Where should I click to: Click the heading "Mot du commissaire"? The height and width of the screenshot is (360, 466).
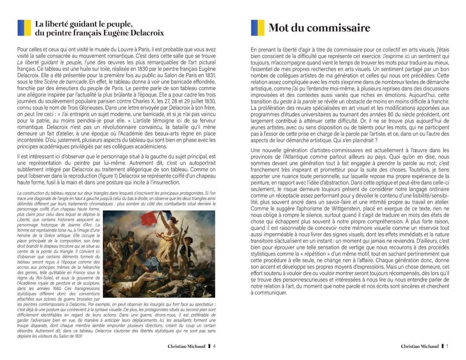click(x=319, y=28)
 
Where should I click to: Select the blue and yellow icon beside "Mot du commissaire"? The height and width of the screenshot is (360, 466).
click(x=257, y=28)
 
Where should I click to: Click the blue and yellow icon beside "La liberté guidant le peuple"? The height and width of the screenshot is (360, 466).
click(x=24, y=28)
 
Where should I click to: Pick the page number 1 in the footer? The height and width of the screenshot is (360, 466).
click(x=447, y=346)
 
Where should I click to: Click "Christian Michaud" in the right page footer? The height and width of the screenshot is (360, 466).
click(x=419, y=346)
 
